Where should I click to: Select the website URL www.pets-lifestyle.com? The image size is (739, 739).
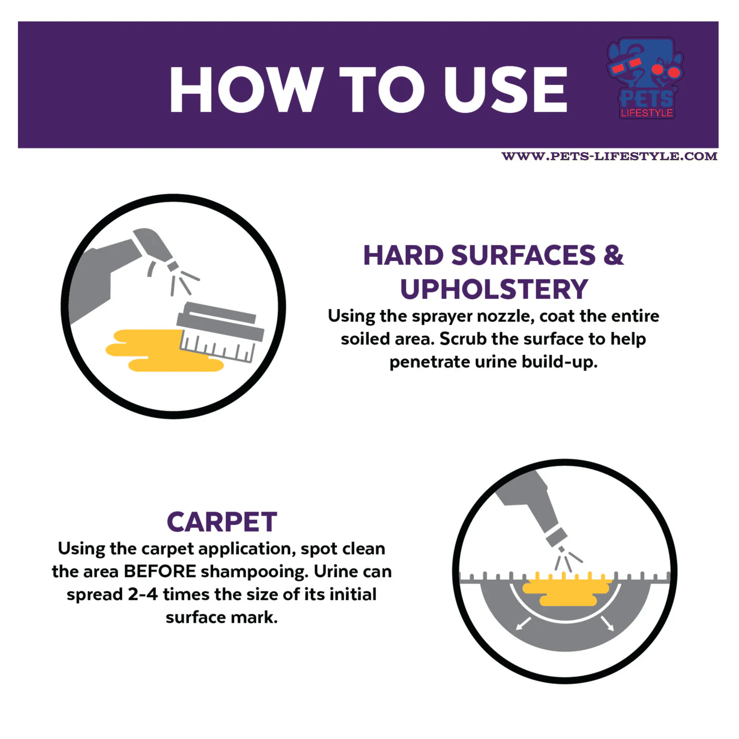coord(609,156)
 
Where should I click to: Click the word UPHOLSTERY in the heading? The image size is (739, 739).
coord(494,289)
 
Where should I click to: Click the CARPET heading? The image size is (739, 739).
coord(222,522)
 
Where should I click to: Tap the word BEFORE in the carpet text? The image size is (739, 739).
coord(160,572)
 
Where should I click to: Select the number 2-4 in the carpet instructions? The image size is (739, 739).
coord(143,594)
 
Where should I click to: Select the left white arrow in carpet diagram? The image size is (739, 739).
coord(524,623)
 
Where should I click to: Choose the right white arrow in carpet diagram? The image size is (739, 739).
coord(607,623)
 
